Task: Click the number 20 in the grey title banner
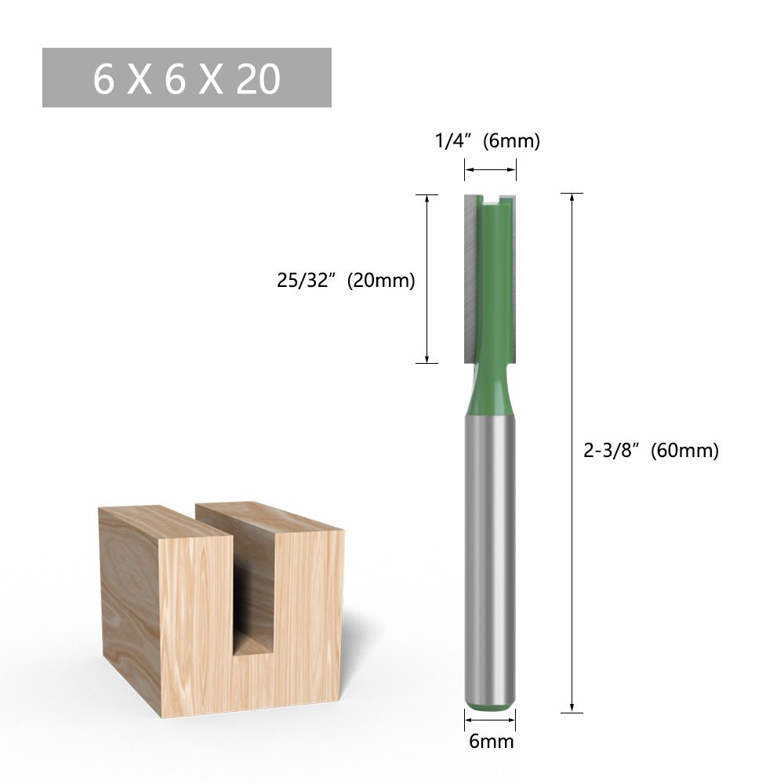point(257,79)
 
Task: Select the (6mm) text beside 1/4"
point(512,142)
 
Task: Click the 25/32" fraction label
point(307,281)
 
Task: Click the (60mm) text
point(688,451)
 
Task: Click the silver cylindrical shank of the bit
point(490,549)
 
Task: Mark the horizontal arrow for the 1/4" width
point(490,168)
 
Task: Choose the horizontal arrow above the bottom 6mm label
point(490,718)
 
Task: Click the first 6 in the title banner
point(103,79)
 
